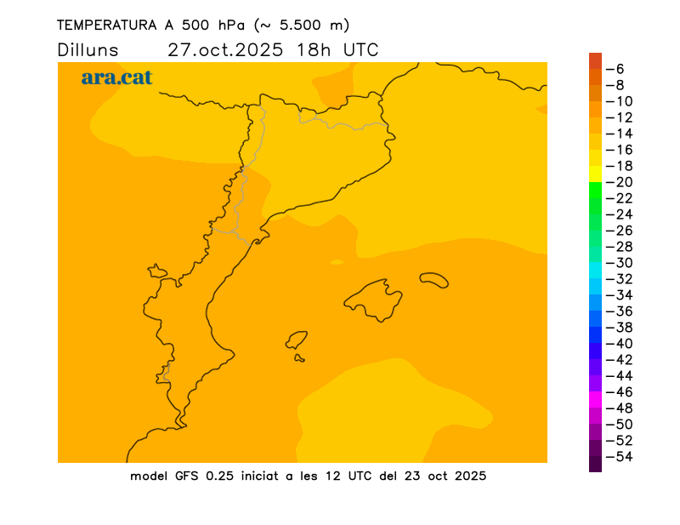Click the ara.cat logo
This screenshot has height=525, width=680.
click(116, 77)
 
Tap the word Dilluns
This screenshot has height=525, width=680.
click(88, 49)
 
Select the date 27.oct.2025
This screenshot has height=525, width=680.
click(226, 49)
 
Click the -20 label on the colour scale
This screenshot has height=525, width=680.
click(619, 182)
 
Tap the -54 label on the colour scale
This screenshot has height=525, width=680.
click(619, 457)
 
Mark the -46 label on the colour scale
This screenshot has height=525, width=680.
click(619, 392)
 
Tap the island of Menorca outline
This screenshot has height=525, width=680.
click(434, 279)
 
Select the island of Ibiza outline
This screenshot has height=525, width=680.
click(297, 340)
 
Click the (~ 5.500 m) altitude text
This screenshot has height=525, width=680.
click(302, 25)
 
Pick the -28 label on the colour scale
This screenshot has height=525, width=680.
click(619, 247)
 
